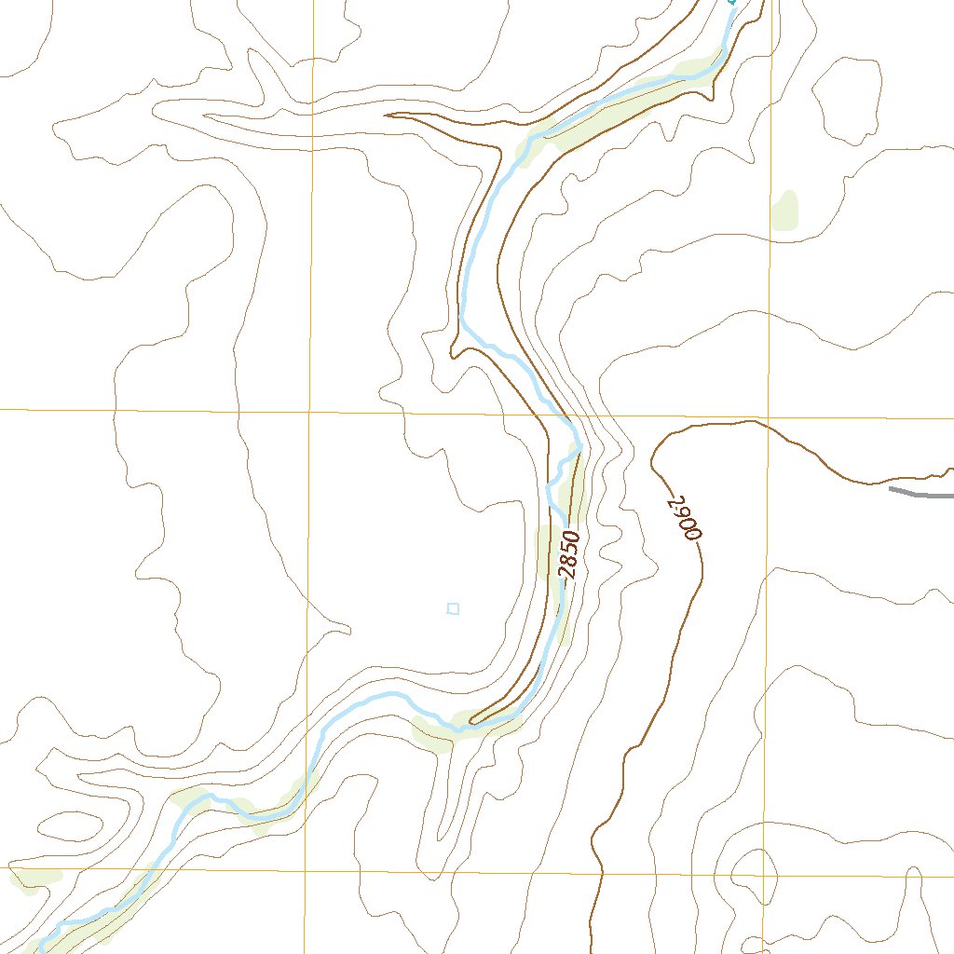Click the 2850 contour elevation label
tap(569, 555)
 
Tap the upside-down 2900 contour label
tap(684, 518)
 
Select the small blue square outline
tap(453, 608)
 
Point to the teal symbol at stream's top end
tap(732, 3)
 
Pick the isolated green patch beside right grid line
tap(785, 211)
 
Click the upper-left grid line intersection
tap(309, 410)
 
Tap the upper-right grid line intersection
tap(770, 416)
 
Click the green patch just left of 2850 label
tap(548, 550)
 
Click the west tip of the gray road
tap(890, 488)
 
